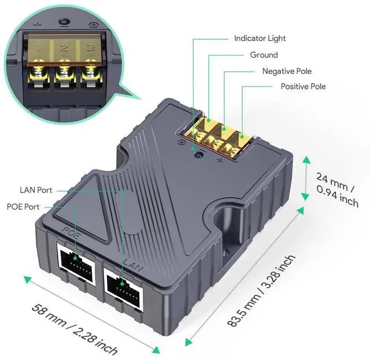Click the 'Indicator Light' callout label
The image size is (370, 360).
tap(260, 39)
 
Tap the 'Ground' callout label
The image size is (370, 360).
tap(264, 55)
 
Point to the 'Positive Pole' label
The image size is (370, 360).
tap(303, 87)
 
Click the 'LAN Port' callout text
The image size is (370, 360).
tap(36, 190)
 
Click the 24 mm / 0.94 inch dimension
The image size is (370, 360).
tap(337, 189)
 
